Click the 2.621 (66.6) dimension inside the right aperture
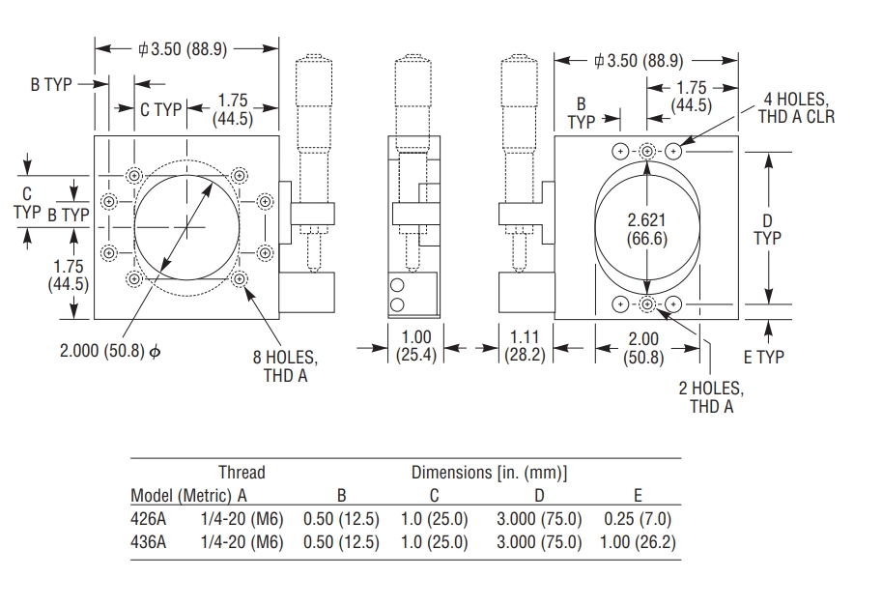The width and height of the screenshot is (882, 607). coord(646,229)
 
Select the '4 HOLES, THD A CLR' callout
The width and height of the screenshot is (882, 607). coord(799,108)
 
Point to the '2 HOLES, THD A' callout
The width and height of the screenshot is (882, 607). coord(711,397)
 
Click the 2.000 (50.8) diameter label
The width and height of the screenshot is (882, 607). coord(108,351)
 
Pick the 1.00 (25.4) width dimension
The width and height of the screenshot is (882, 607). coord(416,346)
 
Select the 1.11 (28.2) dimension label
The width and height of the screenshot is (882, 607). coord(526,346)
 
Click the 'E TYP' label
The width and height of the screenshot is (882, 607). coord(763,357)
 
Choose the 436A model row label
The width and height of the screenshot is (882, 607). coord(148,542)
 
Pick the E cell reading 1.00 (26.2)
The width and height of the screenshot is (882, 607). coord(638,542)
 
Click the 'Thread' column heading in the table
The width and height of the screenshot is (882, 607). coord(242,473)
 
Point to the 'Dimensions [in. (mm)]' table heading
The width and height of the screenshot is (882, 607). coord(489,473)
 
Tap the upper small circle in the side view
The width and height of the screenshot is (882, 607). coord(396,285)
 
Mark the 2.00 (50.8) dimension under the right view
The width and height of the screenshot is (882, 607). coord(644,346)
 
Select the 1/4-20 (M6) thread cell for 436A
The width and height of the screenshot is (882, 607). coord(242,542)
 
